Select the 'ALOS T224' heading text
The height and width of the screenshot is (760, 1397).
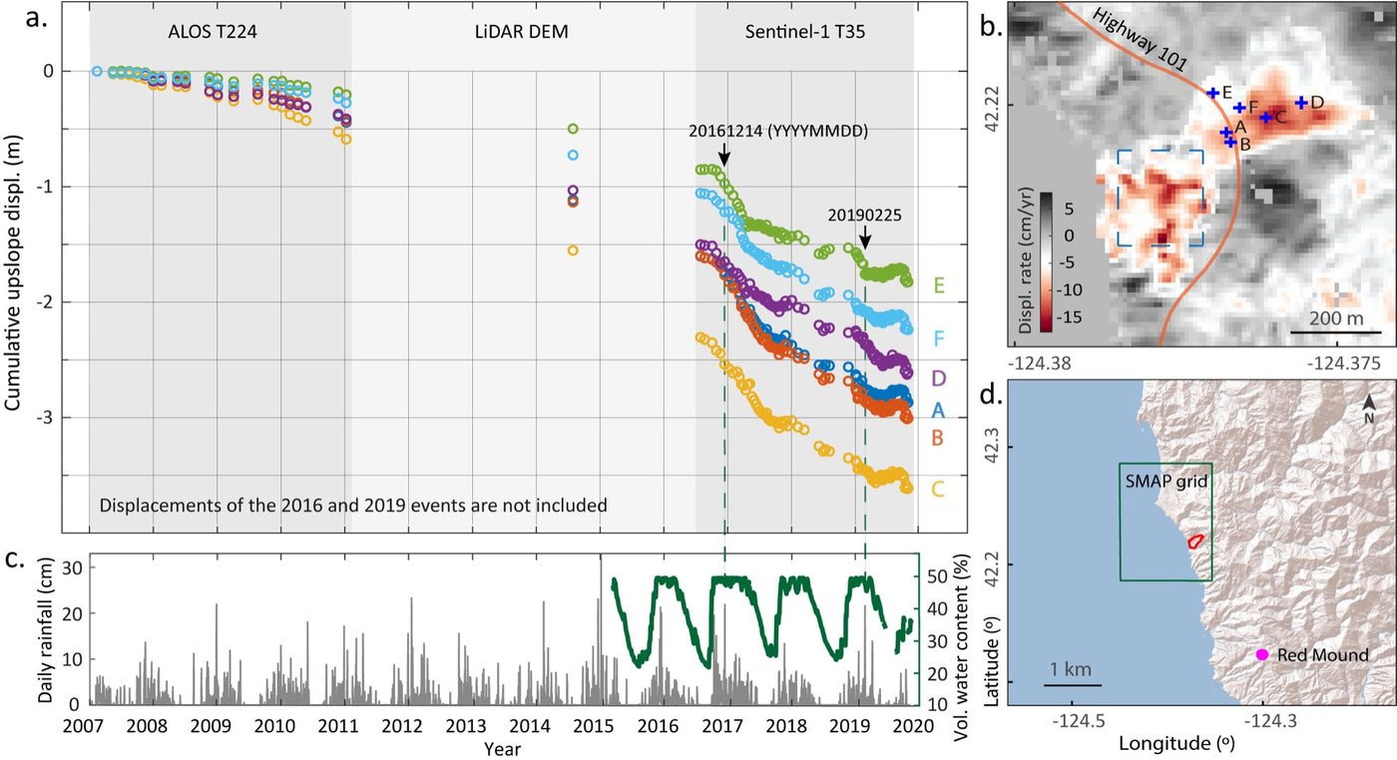pos(211,33)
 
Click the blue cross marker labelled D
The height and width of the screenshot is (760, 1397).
pos(1301,103)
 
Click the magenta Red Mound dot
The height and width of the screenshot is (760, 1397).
pos(1261,654)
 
